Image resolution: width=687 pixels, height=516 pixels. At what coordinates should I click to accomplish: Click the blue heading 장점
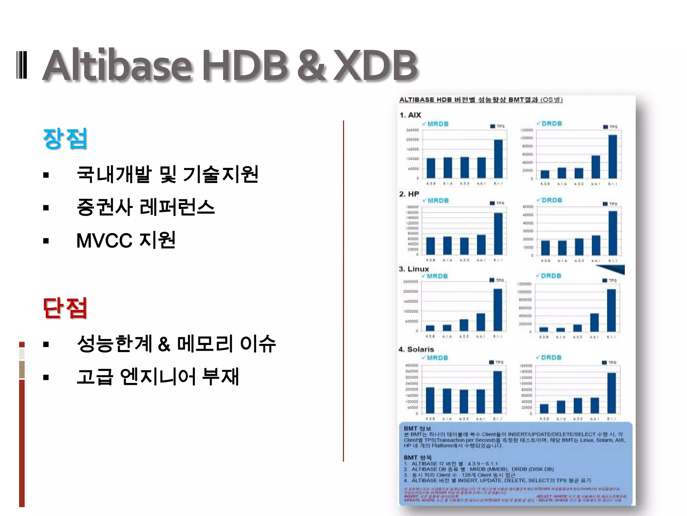coord(65,138)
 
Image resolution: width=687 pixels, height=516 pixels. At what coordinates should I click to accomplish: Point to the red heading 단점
coord(65,308)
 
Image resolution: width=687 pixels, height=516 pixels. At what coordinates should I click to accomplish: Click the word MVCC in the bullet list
coord(104,241)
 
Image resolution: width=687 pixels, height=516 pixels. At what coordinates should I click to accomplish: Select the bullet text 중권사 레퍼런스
coord(146,207)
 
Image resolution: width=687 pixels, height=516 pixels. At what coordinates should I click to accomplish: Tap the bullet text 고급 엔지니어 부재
coord(158,377)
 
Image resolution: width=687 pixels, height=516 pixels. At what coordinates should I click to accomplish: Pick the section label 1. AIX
coord(410,115)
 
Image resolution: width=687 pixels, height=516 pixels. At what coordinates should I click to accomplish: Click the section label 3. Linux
coord(414,269)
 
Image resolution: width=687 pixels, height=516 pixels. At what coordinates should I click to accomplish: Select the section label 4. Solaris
coord(416,349)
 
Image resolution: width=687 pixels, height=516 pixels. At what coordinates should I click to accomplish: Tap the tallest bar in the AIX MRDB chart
coord(498,159)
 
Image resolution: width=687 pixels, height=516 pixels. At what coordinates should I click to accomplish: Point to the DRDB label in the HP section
coord(552,200)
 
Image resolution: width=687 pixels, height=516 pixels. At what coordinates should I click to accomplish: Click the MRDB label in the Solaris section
coord(437,358)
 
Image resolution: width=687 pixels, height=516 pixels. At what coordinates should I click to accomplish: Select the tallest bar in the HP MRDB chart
coord(498,233)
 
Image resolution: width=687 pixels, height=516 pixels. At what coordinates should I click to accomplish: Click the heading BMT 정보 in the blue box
coord(417,428)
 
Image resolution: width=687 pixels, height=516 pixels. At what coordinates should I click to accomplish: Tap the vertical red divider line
coord(343,291)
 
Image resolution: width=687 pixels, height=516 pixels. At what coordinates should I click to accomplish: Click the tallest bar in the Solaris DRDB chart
coord(612,393)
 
